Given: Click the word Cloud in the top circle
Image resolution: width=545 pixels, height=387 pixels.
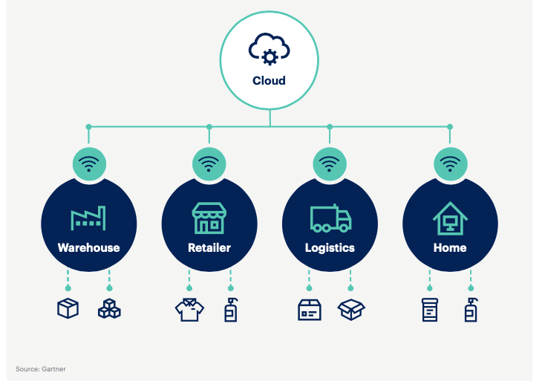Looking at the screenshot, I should point(269,80).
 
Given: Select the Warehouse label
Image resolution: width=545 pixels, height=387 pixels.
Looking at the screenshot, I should point(88,247).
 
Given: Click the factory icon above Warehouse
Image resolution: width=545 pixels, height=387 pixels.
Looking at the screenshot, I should point(88,218).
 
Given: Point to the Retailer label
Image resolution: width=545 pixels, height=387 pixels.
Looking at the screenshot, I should point(209,247).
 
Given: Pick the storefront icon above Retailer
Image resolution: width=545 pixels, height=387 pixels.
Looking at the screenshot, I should point(209,218).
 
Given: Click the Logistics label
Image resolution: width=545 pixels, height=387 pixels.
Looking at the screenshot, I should point(330,247).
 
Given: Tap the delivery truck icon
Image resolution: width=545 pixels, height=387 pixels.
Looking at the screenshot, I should point(330,218).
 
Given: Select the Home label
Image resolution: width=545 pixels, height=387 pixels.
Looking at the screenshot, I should point(450,247).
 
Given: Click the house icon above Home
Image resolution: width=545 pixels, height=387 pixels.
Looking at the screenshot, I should point(450,218).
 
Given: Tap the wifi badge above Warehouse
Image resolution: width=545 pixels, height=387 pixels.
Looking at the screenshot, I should point(88,163).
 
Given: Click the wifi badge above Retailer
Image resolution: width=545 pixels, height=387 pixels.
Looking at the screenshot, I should point(209,163).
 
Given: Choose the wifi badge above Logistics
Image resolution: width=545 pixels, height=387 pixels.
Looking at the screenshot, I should point(330,163).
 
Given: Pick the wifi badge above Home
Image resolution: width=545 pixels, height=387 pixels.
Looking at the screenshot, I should point(450,163).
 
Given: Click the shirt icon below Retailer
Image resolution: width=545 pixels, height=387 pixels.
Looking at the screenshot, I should point(189,310).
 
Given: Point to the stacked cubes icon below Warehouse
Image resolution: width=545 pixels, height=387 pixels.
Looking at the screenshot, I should point(109,309).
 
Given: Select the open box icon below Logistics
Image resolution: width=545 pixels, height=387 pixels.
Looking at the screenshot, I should point(350,310).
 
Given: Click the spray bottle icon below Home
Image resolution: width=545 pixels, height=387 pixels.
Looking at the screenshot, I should point(471,309).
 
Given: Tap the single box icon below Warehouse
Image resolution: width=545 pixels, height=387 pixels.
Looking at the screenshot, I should point(68,309).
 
